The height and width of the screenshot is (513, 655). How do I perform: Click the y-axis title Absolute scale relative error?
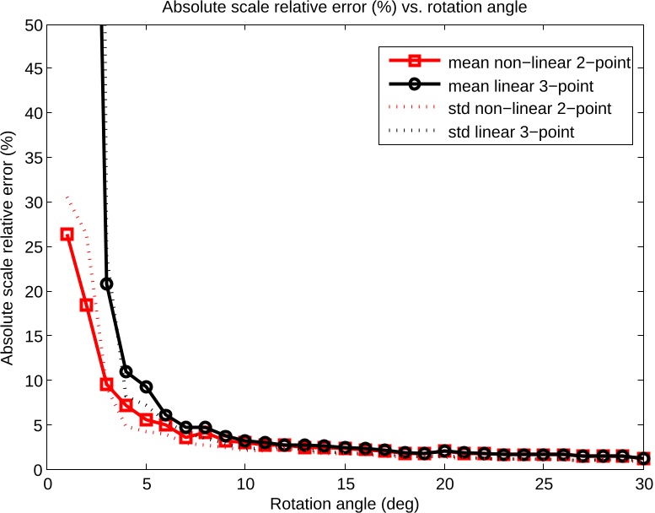(x=9, y=246)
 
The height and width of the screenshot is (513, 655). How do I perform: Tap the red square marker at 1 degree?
(x=67, y=235)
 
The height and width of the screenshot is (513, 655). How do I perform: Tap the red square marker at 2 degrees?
(x=86, y=305)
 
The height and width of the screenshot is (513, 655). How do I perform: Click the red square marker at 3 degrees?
(x=106, y=384)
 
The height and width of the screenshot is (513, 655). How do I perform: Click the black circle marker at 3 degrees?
(x=106, y=284)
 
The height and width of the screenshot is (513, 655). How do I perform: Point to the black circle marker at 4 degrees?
(x=126, y=371)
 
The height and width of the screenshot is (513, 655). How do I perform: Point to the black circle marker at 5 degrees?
(x=146, y=386)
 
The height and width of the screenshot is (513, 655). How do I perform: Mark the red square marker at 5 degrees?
(x=146, y=419)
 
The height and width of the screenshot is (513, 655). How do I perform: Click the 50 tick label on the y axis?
(x=31, y=24)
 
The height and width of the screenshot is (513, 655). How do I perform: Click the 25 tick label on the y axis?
(x=31, y=247)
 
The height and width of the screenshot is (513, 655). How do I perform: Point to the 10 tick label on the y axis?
(x=31, y=381)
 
